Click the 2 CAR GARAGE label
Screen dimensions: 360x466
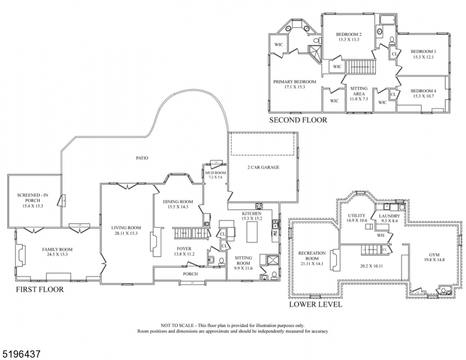263,167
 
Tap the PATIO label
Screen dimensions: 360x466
142,158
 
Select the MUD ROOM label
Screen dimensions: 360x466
214,173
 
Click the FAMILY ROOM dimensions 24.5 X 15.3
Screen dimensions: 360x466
57,254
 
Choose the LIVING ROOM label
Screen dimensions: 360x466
126,227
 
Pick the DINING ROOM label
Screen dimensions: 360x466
178,202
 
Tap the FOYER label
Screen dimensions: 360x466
184,248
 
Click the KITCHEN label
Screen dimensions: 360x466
251,214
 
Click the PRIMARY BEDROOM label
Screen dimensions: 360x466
294,82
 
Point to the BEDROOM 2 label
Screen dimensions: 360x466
348,34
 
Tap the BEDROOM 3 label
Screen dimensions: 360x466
424,52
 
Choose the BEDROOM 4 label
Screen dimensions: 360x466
424,91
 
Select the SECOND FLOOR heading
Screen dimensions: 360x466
298,120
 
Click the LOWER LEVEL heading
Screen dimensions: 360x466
315,304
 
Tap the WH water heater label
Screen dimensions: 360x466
380,235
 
